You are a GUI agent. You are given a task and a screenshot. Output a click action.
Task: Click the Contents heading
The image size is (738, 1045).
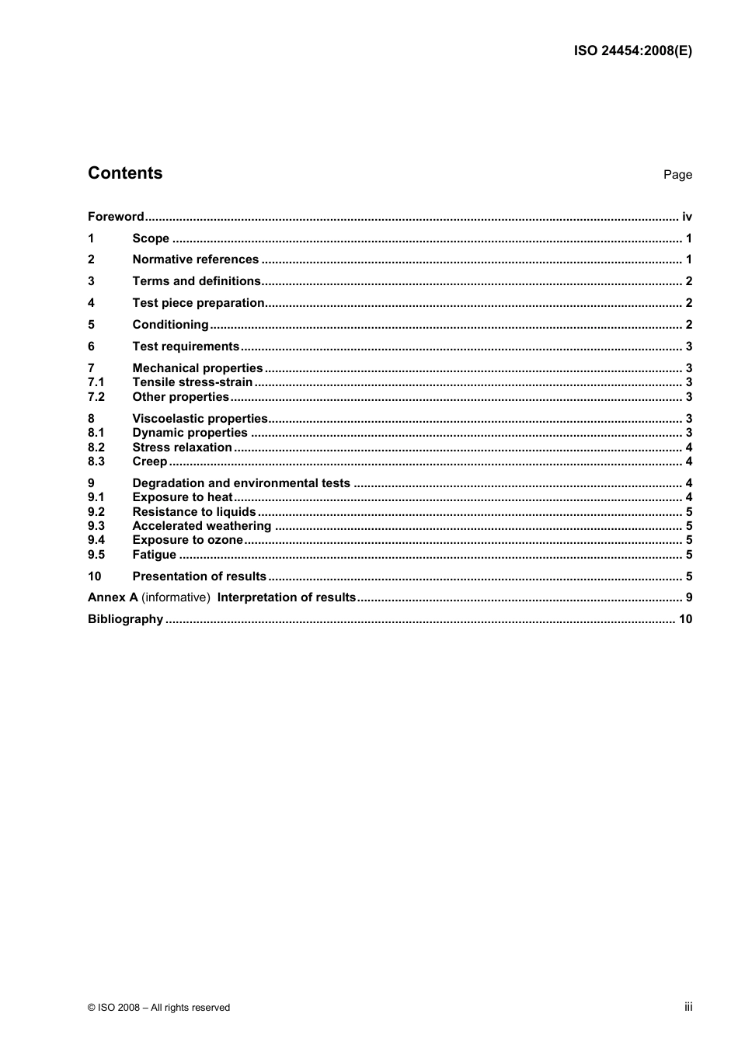(125, 173)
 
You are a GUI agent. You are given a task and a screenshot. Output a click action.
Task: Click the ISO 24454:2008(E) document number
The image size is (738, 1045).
(632, 51)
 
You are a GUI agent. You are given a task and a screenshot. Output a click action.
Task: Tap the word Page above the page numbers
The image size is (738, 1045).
(677, 175)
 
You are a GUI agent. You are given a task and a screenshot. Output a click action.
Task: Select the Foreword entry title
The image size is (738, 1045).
(116, 217)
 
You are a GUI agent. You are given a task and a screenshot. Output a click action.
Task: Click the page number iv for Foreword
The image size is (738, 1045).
(687, 217)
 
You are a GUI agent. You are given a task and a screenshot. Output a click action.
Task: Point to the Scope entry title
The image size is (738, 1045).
(151, 239)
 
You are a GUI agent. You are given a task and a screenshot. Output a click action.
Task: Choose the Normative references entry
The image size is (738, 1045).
(195, 260)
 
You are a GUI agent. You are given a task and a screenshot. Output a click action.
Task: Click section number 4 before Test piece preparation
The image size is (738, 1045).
(91, 303)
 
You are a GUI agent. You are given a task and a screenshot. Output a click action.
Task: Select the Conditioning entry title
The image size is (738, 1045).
(170, 325)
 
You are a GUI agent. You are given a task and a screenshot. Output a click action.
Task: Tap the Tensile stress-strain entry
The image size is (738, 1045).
(192, 382)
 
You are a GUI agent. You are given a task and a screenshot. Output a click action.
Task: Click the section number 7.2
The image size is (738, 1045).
(96, 397)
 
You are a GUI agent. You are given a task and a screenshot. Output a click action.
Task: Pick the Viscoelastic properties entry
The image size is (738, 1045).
(200, 419)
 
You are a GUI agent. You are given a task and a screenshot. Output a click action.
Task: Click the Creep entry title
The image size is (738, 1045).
(149, 462)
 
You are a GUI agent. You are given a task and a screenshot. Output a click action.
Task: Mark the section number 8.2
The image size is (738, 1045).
(96, 448)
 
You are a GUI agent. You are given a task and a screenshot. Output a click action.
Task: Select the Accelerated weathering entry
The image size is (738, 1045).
(201, 526)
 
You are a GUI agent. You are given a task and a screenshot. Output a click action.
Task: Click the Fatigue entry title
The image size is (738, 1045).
(154, 555)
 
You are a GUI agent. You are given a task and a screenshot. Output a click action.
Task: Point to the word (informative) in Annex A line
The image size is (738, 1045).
(176, 597)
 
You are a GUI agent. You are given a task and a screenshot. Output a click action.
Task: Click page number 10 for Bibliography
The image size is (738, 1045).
(685, 619)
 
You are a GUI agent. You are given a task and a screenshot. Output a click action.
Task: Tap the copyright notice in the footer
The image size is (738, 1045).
(158, 1008)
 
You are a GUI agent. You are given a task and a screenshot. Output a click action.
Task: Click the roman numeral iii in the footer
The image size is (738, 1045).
(688, 1007)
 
